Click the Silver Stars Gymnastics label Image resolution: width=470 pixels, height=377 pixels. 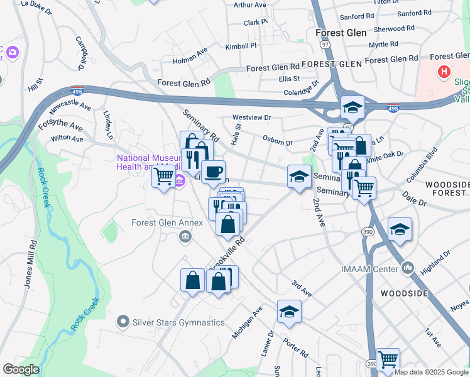[x=178, y=322]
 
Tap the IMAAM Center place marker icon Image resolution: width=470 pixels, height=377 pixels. [x=409, y=269]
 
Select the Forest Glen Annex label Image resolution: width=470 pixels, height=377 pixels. [x=167, y=222]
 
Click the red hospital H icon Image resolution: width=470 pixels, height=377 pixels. [x=445, y=72]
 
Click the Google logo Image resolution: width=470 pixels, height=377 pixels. [x=21, y=369]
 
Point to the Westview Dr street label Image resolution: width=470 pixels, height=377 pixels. [x=251, y=117]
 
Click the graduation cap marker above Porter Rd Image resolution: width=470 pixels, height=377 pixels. [x=288, y=312]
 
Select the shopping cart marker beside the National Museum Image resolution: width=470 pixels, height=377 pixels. [x=163, y=176]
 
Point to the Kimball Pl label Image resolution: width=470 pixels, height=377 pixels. [x=241, y=46]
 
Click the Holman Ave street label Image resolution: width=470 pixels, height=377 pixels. [x=190, y=61]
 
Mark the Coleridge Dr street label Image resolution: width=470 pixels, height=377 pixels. [x=298, y=91]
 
